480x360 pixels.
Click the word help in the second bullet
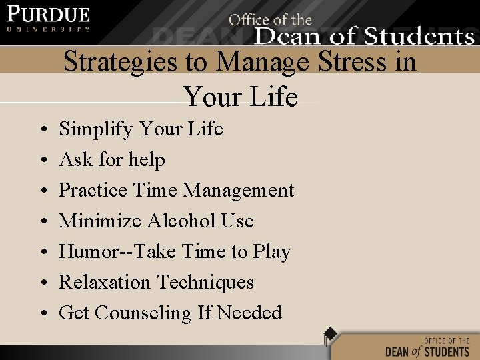pos(147,159)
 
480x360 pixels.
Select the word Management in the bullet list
pos(238,191)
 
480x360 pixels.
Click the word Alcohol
pos(181,221)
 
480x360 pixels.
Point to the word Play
pos(271,253)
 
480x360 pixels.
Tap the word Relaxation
pos(103,282)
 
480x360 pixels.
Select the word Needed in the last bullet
pos(249,313)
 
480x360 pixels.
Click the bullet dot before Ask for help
pos(43,161)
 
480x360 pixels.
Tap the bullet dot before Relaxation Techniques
pos(43,283)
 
